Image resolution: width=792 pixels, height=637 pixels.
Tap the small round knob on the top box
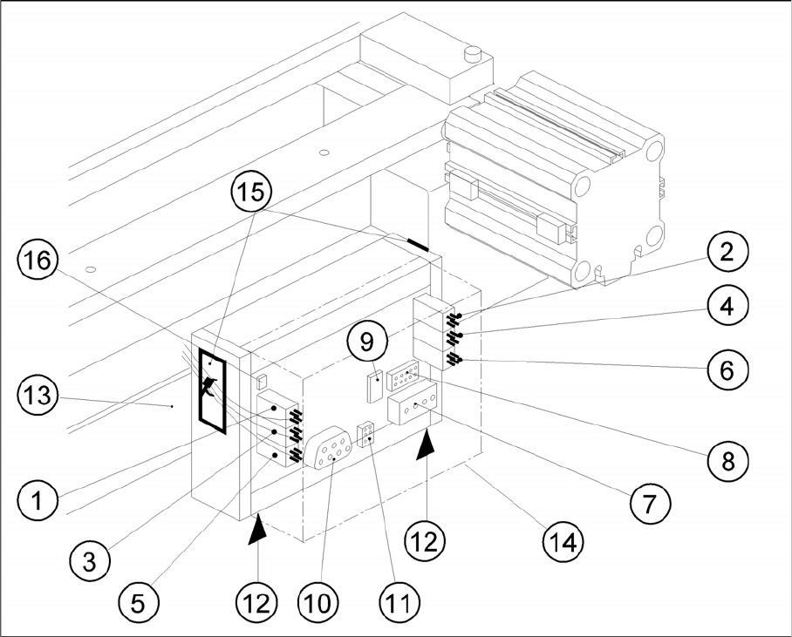point(474,55)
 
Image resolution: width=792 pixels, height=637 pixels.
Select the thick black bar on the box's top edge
point(416,243)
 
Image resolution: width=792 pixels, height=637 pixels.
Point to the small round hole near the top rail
point(323,153)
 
